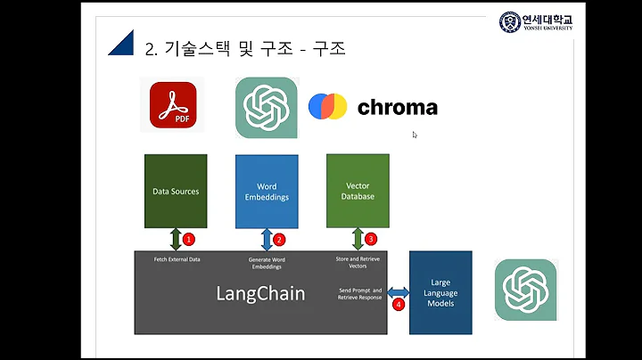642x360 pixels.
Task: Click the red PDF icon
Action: (173, 106)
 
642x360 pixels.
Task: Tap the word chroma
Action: (398, 108)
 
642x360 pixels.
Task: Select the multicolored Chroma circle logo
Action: (327, 107)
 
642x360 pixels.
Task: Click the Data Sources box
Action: (176, 190)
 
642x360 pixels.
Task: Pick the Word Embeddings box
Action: (266, 191)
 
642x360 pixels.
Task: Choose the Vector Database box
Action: (358, 190)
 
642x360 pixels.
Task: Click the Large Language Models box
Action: (440, 291)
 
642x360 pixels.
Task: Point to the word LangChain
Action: (260, 293)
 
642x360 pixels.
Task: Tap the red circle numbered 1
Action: (189, 239)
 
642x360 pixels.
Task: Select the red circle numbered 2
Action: (279, 239)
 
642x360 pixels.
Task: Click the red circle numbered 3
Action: (371, 239)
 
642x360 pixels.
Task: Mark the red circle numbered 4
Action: (399, 304)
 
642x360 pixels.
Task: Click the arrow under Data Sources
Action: (176, 239)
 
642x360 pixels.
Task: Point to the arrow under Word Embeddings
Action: (266, 239)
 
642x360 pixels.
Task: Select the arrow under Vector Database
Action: (358, 239)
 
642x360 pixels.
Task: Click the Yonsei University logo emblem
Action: (509, 21)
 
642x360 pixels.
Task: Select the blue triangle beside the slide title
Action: (120, 43)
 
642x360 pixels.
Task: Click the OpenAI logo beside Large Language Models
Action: (526, 289)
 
